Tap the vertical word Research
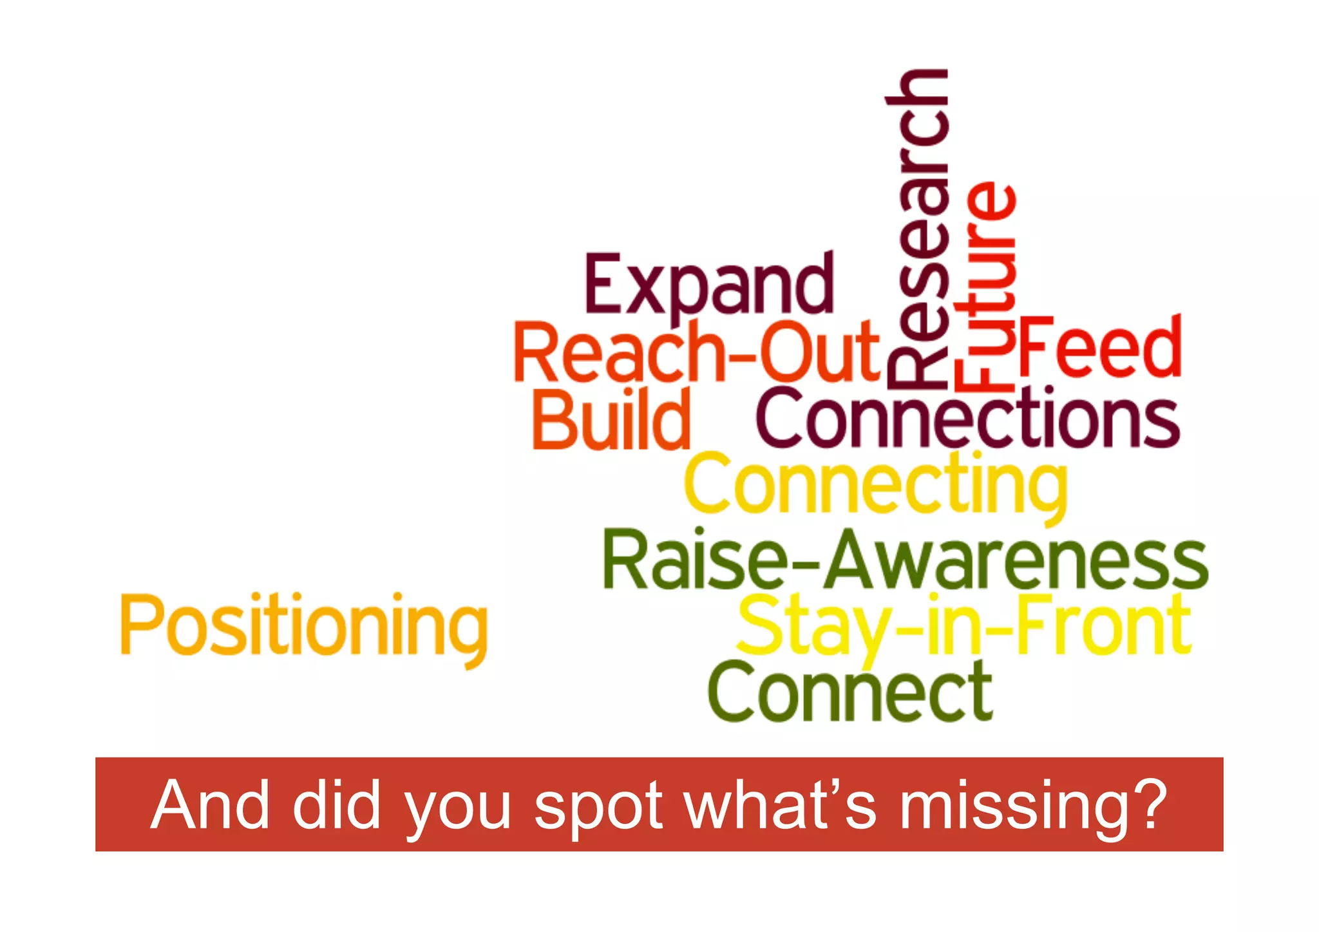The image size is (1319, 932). click(917, 229)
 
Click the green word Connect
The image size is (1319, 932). click(849, 692)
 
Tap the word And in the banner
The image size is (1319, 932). click(210, 804)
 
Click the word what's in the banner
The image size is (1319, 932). click(780, 804)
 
